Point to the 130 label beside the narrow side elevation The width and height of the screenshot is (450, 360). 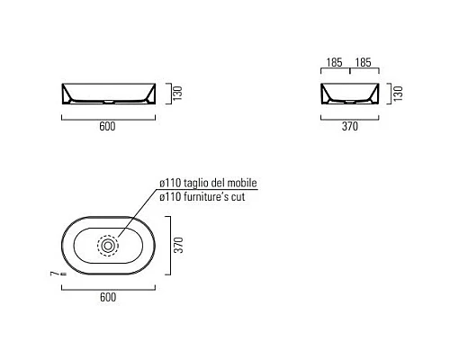[396, 94]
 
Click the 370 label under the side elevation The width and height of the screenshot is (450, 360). [350, 127]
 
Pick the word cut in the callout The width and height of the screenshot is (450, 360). [238, 195]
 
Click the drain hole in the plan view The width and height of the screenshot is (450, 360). [108, 243]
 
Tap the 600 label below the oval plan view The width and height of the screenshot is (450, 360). [107, 295]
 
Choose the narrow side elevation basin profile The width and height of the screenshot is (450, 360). [350, 93]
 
